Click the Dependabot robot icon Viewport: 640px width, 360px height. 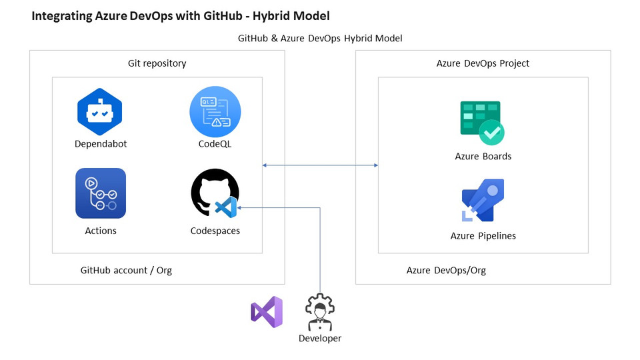click(x=100, y=111)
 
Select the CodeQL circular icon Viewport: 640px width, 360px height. click(x=215, y=111)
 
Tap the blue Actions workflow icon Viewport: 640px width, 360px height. click(x=101, y=193)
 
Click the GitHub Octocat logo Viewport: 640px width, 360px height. click(x=212, y=192)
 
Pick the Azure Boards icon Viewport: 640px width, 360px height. click(x=482, y=122)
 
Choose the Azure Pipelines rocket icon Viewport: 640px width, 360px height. click(x=483, y=201)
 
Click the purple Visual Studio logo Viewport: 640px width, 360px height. click(x=267, y=312)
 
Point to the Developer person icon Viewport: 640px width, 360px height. click(x=320, y=312)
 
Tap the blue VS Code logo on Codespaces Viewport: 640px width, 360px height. click(x=226, y=207)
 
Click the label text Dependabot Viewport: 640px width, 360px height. click(x=101, y=144)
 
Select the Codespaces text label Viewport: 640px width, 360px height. click(x=215, y=231)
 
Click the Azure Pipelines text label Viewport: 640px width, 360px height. click(x=483, y=235)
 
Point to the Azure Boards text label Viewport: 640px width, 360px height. click(x=483, y=156)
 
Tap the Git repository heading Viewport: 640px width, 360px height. click(x=157, y=63)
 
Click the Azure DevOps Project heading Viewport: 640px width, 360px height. click(x=483, y=63)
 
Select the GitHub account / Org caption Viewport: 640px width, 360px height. click(x=126, y=270)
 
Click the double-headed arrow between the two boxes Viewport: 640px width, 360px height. click(x=320, y=165)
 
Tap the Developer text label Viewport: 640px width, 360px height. click(x=320, y=338)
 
